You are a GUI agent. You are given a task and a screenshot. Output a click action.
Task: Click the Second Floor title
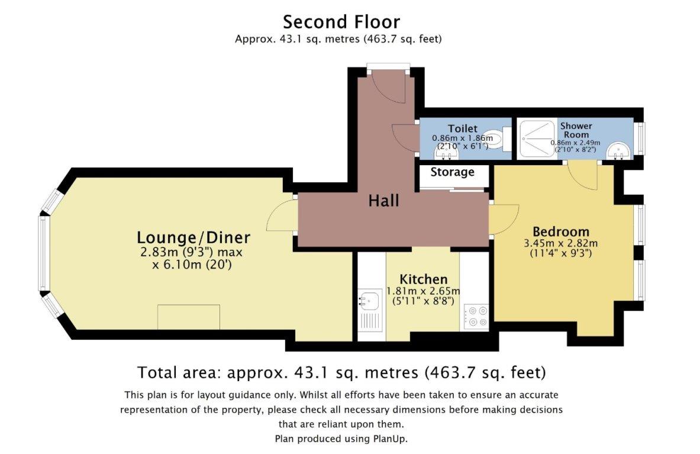pos(341,22)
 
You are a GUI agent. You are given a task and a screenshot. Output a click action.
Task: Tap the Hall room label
pos(383,201)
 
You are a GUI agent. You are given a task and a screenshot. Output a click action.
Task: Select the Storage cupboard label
pos(452,172)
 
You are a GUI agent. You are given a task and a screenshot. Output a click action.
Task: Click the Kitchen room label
pos(423,279)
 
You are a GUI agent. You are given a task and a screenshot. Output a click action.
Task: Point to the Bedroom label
pos(561,232)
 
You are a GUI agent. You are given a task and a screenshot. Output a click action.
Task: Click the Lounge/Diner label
pos(193,237)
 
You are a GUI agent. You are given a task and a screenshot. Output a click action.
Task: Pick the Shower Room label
pos(576,130)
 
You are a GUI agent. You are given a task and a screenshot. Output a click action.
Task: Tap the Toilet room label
pos(463,128)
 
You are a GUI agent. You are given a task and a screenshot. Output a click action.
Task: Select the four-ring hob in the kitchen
pos(477,316)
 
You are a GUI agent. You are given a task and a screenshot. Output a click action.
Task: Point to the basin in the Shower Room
pos(618,152)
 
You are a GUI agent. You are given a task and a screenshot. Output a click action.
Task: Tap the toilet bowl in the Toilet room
pos(493,139)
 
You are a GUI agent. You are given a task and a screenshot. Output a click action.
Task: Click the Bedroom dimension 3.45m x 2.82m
pos(561,244)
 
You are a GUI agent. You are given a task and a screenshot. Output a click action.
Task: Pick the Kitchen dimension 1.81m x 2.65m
pos(423,291)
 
